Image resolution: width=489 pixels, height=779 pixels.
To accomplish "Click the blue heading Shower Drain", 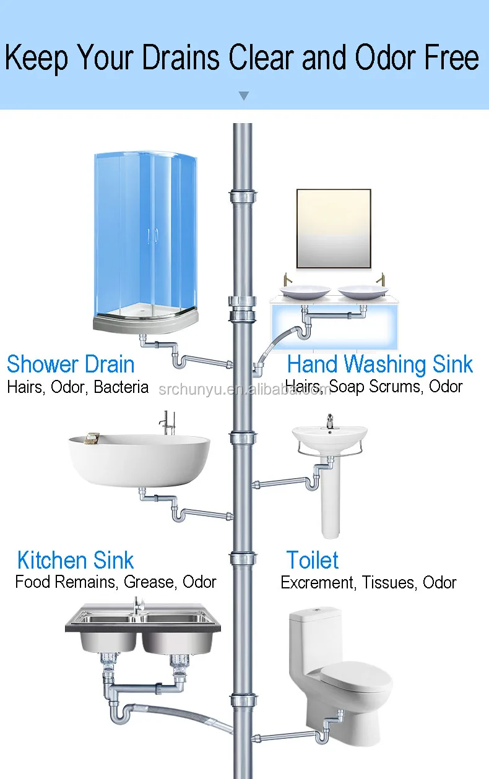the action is [x=71, y=364].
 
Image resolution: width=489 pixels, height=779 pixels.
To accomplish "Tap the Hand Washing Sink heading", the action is [x=380, y=364].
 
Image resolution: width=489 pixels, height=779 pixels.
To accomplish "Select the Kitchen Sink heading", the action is [x=75, y=561].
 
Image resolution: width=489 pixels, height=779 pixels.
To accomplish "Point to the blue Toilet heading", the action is [x=312, y=561].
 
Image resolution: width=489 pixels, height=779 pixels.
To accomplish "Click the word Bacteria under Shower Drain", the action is [x=121, y=387].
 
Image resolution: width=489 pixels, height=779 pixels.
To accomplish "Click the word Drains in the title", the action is [x=181, y=59].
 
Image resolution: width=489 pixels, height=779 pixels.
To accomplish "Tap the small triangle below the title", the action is [x=244, y=96].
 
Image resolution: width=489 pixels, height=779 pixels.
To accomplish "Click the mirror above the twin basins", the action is [x=334, y=229].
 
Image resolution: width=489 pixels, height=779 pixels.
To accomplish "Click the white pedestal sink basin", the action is [x=329, y=436].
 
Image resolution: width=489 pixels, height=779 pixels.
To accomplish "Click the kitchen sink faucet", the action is [x=138, y=606].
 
